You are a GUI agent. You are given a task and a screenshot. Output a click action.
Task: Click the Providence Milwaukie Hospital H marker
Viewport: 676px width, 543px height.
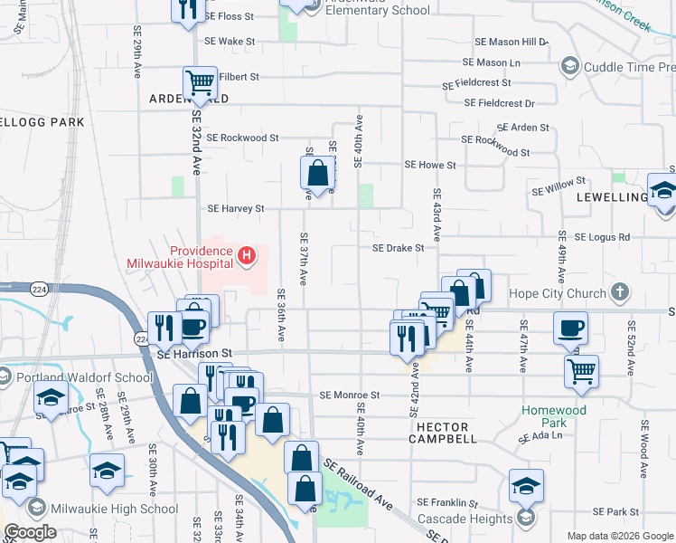pos(246,258)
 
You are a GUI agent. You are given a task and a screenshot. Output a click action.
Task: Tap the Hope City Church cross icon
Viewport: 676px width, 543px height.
pos(619,292)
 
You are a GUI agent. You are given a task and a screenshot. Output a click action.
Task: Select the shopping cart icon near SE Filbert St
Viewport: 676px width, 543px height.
pos(199,83)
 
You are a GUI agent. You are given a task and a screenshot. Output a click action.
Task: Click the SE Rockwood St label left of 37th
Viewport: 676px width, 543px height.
pos(242,138)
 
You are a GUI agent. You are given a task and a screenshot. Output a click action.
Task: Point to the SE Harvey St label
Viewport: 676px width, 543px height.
pos(235,208)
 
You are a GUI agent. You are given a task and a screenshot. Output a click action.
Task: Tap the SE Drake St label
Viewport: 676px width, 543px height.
pos(399,247)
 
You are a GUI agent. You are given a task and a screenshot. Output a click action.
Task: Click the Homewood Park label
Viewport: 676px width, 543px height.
pos(555,416)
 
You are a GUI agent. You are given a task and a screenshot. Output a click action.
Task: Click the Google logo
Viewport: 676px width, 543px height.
pos(31,531)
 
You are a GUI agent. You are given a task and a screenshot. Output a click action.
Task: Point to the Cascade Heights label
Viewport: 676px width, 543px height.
pos(465,520)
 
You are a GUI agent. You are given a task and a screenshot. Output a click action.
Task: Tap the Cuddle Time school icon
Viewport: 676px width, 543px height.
pos(569,66)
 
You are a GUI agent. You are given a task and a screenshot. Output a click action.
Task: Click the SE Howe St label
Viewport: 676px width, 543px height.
pos(430,165)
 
